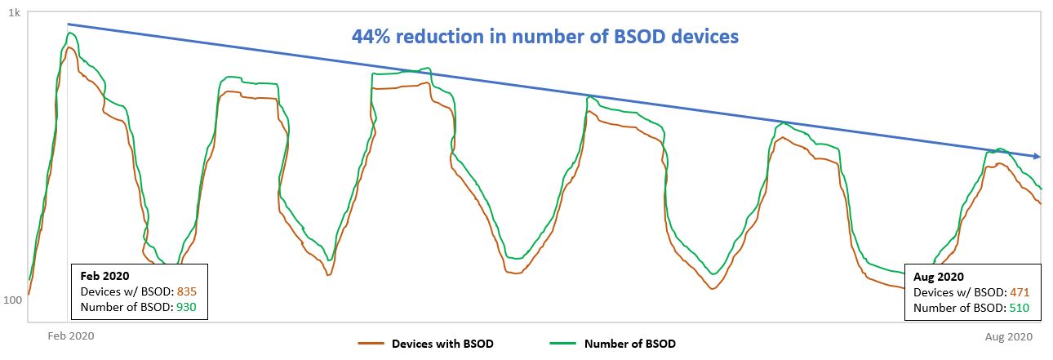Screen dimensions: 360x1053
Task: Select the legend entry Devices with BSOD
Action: pyautogui.click(x=442, y=344)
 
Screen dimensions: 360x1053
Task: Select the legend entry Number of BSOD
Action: pyautogui.click(x=629, y=344)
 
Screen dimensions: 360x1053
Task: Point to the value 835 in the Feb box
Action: pyautogui.click(x=186, y=291)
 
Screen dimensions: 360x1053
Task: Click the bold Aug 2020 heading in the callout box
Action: pyautogui.click(x=939, y=278)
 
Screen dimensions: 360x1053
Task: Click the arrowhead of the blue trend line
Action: pyautogui.click(x=1037, y=156)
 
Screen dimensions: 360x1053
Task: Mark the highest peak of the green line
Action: pyautogui.click(x=72, y=33)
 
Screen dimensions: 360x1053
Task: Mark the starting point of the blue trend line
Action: pyautogui.click(x=68, y=24)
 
